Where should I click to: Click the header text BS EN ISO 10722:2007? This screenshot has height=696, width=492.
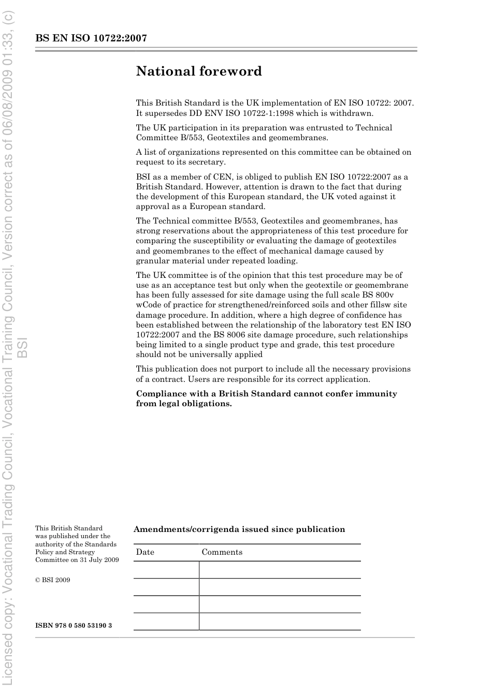91,38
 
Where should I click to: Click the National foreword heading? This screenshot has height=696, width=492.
199,71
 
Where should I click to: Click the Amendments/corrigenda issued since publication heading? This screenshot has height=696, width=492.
239,529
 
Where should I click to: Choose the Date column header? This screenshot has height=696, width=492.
145,552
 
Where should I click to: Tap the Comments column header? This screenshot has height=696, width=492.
222,552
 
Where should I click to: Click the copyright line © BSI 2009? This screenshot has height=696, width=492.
52,580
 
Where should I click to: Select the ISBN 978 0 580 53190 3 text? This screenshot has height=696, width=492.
74,626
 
